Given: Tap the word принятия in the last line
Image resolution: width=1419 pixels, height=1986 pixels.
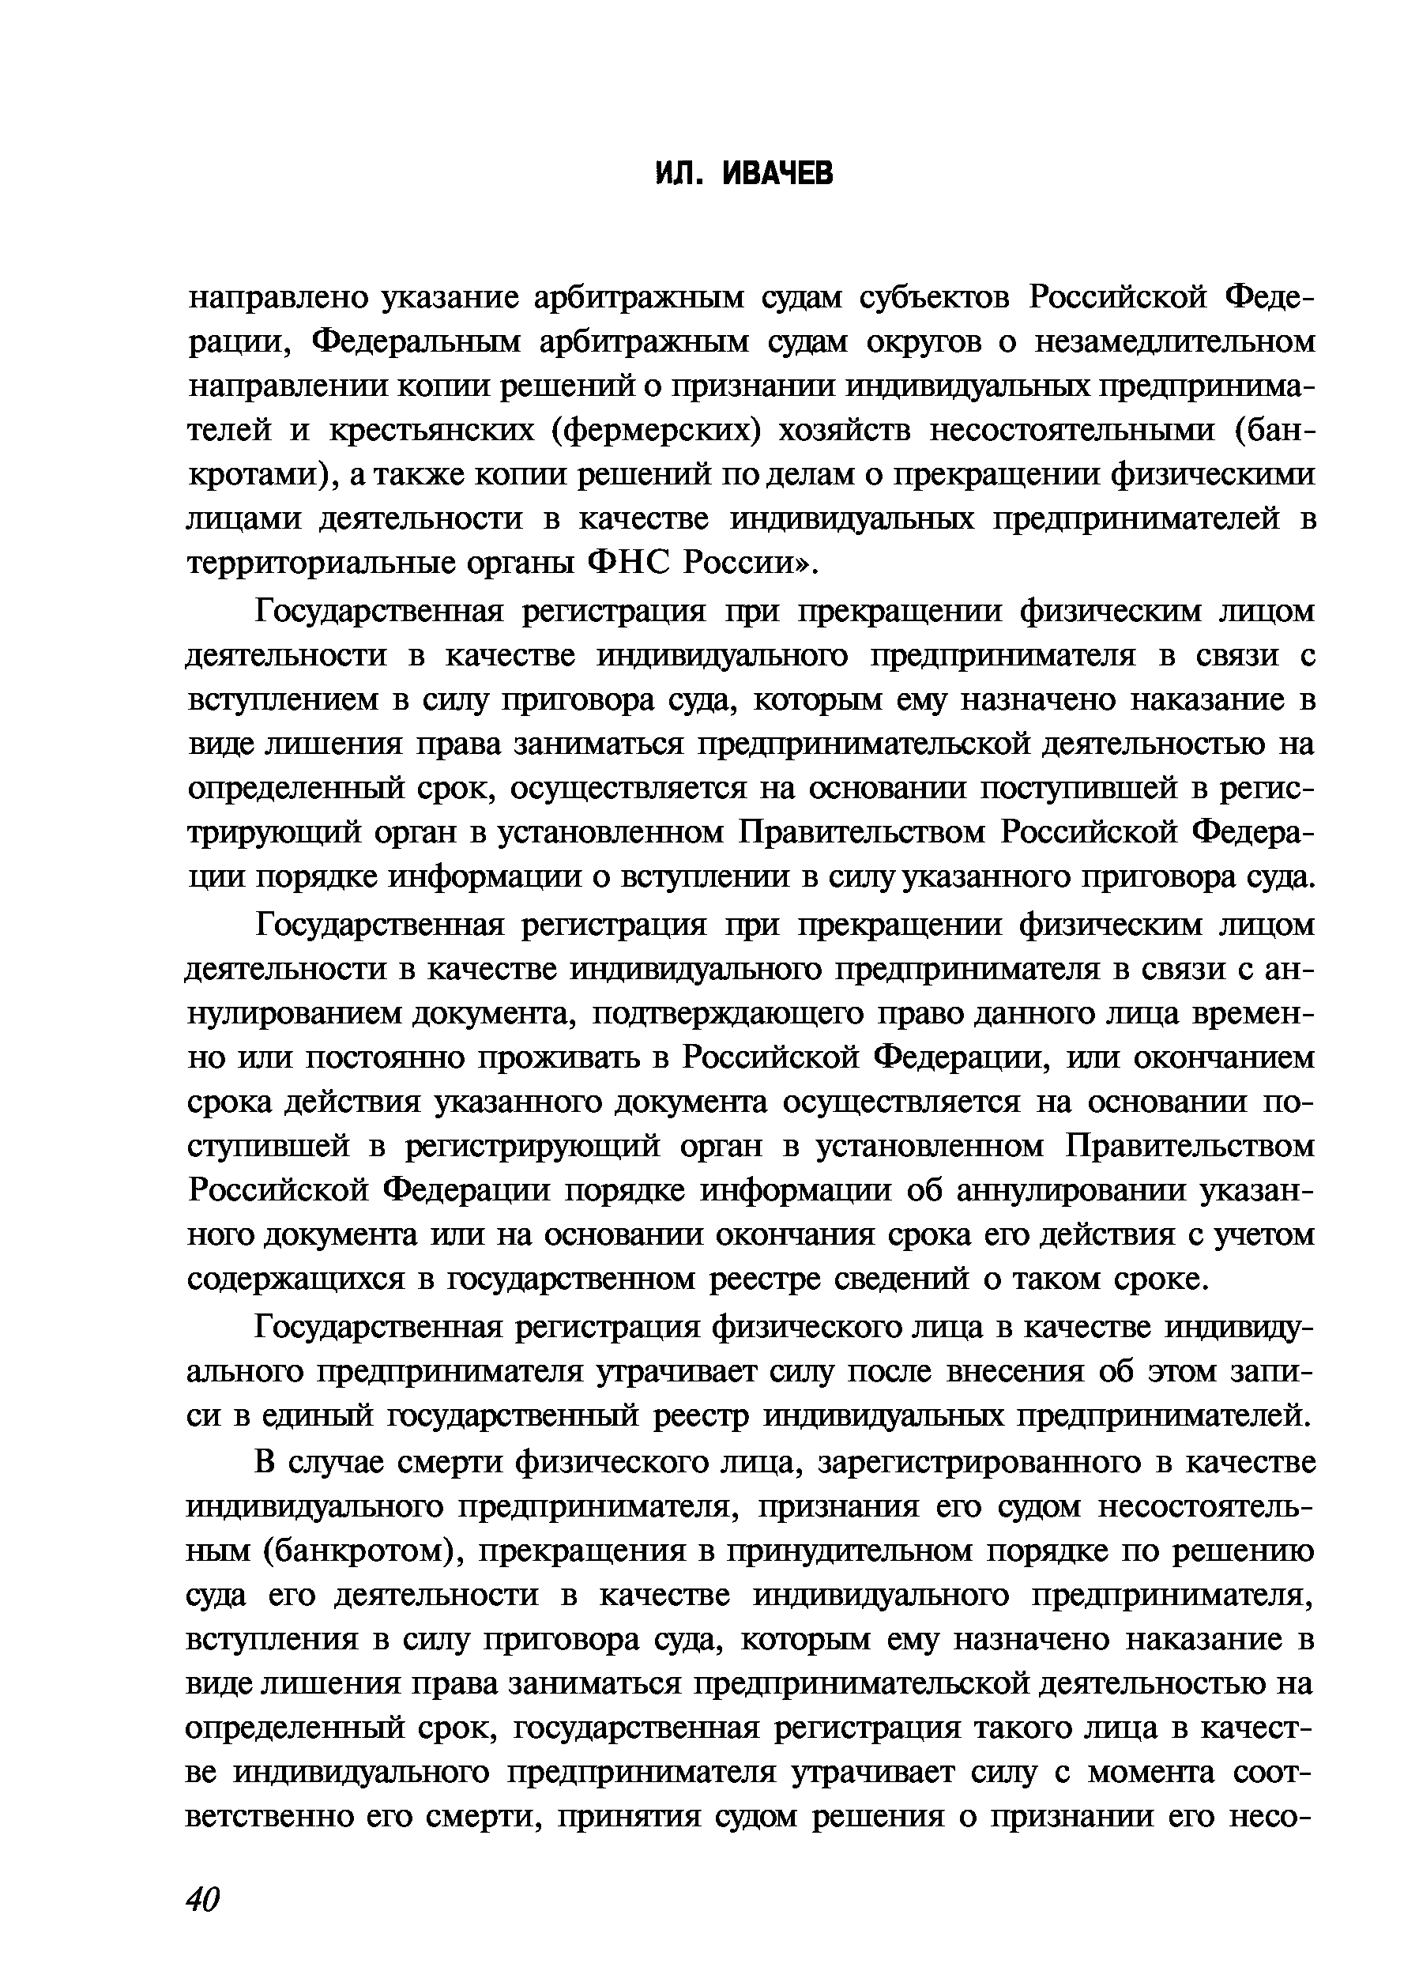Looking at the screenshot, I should (628, 1818).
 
